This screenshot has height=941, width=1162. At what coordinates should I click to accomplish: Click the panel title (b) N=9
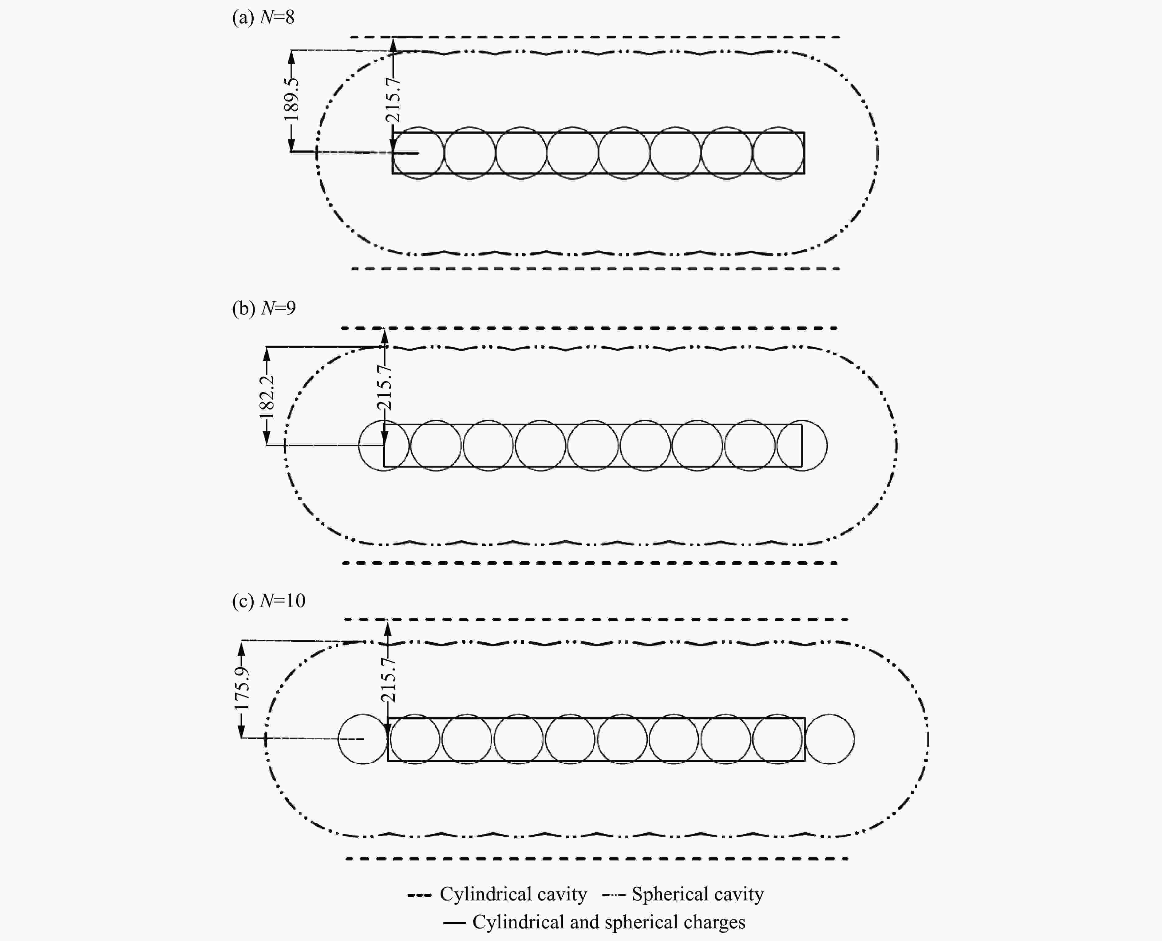(x=264, y=308)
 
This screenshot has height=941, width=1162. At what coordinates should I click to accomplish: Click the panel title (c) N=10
(x=269, y=601)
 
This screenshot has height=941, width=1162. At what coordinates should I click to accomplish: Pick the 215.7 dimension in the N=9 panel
(x=384, y=387)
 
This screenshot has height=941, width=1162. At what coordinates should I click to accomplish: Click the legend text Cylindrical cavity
(x=513, y=894)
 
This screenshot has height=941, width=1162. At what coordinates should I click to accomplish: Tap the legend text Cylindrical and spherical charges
(x=609, y=922)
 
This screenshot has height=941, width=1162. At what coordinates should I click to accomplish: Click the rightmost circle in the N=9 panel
(x=802, y=445)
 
